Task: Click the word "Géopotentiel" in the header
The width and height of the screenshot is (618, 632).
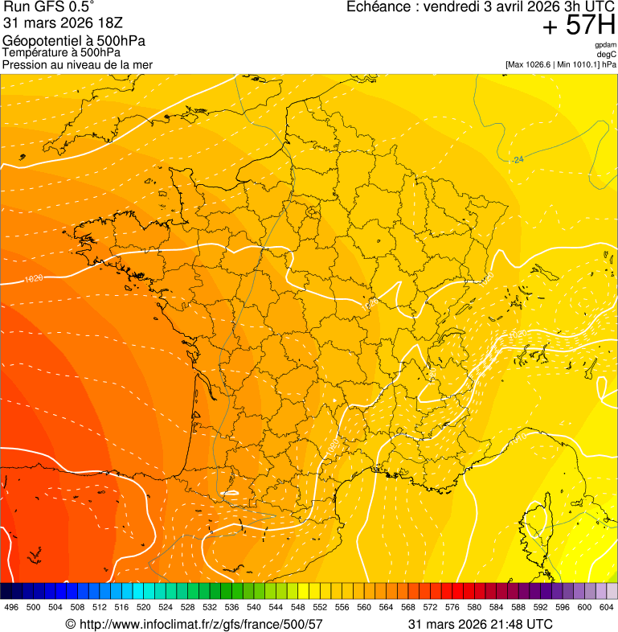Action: [39, 41]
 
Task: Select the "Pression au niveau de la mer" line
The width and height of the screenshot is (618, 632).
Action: [77, 64]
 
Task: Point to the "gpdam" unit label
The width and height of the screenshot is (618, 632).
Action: [605, 45]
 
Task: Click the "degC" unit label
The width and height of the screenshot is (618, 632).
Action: [607, 54]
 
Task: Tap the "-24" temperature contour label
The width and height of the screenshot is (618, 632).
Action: [518, 159]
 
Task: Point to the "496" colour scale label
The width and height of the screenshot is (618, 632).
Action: [10, 607]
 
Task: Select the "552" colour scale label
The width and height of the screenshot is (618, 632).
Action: [320, 607]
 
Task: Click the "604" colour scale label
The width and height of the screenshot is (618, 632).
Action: [607, 607]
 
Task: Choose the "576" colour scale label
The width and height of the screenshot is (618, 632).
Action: [452, 607]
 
